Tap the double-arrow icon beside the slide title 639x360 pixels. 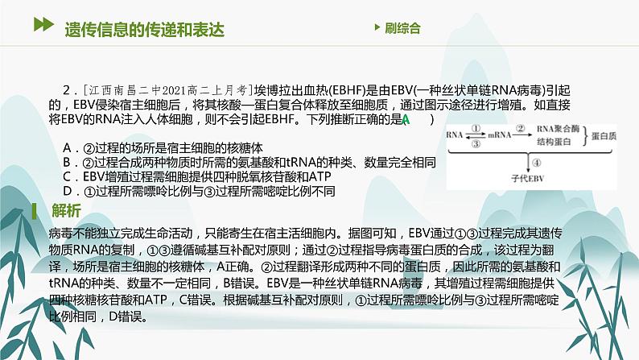pos(41,27)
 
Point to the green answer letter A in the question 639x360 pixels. pos(407,120)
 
